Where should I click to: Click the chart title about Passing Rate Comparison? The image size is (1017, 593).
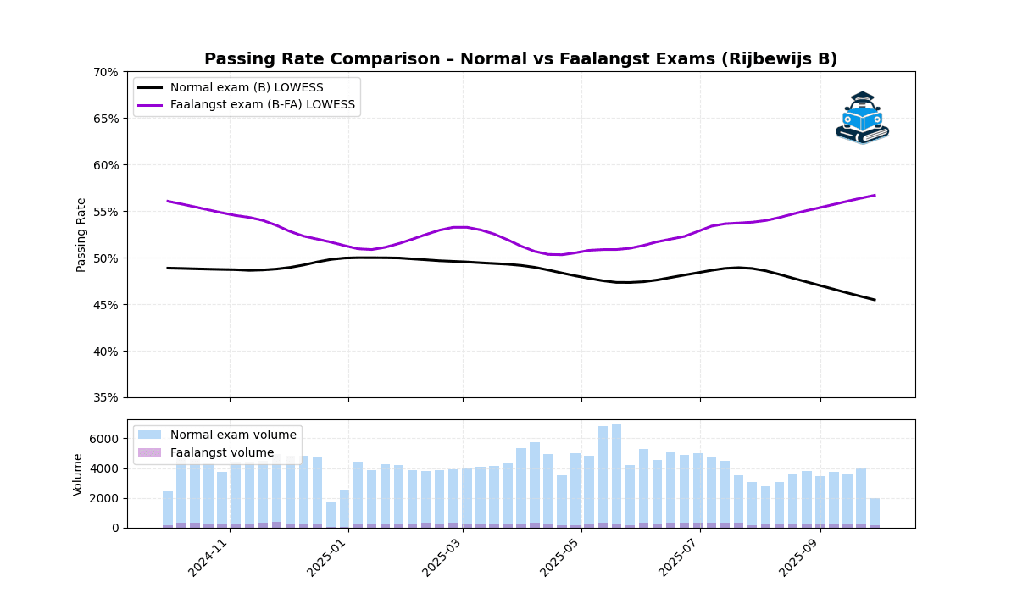(x=520, y=59)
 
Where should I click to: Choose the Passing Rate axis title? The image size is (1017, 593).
(x=81, y=235)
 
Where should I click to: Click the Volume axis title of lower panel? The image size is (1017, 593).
(x=79, y=474)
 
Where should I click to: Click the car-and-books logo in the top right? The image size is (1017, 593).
(x=862, y=118)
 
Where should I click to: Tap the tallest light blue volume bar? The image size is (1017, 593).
(x=617, y=474)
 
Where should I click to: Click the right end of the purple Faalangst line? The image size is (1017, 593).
(x=875, y=196)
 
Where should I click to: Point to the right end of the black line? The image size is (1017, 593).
(x=875, y=300)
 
